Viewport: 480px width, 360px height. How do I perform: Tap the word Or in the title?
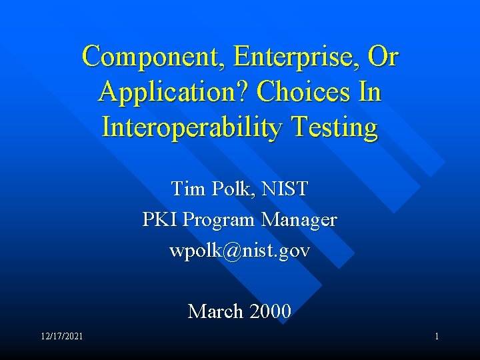coord(383,58)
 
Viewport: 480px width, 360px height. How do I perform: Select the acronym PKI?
coord(160,219)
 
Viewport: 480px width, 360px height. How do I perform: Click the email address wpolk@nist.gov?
coord(239,251)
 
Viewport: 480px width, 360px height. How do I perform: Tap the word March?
coord(215,311)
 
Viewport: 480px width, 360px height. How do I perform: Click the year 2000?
coord(269,311)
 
